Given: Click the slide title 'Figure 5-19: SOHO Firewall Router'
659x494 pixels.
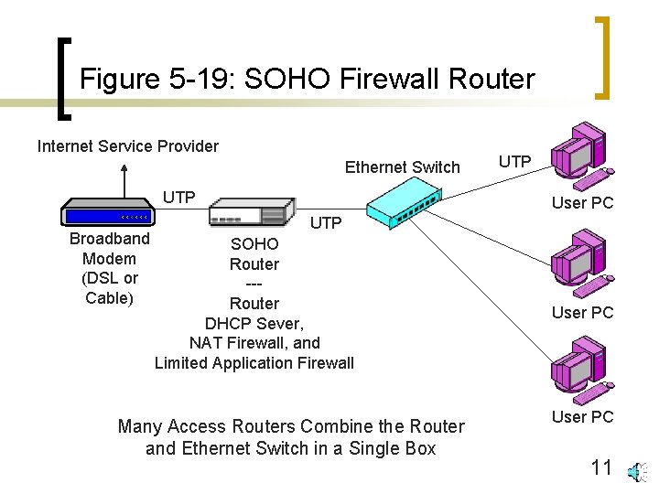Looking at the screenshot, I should click(307, 79).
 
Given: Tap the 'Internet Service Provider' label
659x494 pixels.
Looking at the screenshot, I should click(127, 146).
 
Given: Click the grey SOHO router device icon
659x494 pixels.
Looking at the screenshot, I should click(252, 213).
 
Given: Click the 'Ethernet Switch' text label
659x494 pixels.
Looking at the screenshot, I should click(402, 166).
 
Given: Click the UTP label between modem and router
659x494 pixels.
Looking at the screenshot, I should click(179, 198).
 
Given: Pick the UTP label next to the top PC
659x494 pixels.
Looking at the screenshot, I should click(515, 162).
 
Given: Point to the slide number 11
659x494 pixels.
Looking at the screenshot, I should click(601, 468).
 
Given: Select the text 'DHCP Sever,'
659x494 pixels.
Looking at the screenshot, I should click(254, 323).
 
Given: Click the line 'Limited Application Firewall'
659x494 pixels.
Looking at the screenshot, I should click(254, 363).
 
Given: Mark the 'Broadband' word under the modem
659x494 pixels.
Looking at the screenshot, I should click(110, 239).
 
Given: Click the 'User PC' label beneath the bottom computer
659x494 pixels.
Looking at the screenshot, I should click(582, 417).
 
